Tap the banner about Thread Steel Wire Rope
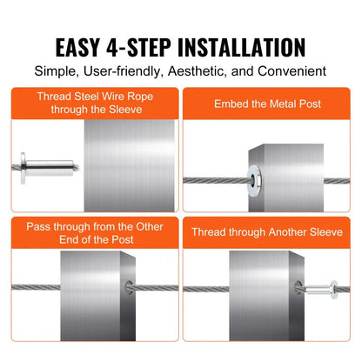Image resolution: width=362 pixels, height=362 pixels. click(x=91, y=104)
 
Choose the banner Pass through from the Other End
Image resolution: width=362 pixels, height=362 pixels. click(x=91, y=232)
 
